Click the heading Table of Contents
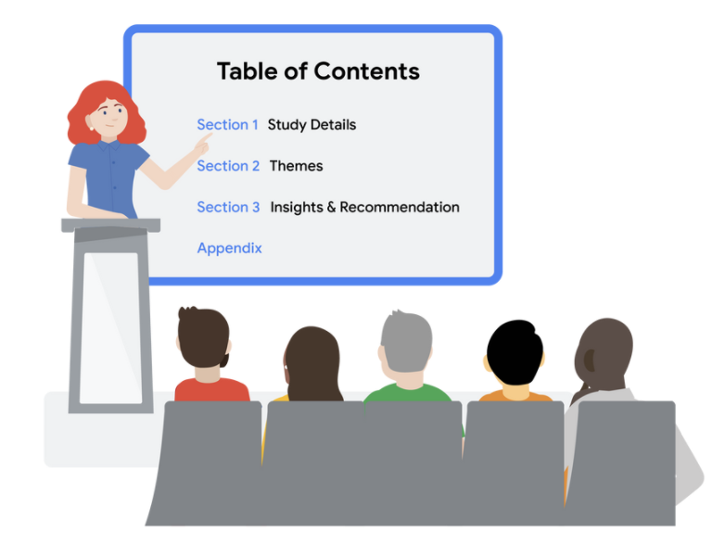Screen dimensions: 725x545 pos(318,71)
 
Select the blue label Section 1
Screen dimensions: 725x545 pos(227,124)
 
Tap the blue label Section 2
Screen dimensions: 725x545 pos(228,166)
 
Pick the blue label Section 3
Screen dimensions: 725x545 pos(228,207)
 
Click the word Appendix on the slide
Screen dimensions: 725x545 pos(229,248)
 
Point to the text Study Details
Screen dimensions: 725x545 pos(312,125)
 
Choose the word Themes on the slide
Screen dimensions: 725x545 pos(296,166)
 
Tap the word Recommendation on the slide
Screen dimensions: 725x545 pos(400,207)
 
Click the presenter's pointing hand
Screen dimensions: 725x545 pos(202,145)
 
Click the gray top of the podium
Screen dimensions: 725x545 pos(111,225)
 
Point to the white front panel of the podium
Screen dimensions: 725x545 pos(111,327)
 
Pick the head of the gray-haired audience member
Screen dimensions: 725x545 pos(406,342)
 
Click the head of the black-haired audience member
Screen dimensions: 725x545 pos(515,352)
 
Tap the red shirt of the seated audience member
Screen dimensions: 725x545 pos(211,390)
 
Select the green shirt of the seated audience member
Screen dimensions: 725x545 pos(407,393)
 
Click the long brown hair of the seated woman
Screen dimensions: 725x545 pos(313,365)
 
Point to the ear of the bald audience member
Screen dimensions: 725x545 pos(590,361)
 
